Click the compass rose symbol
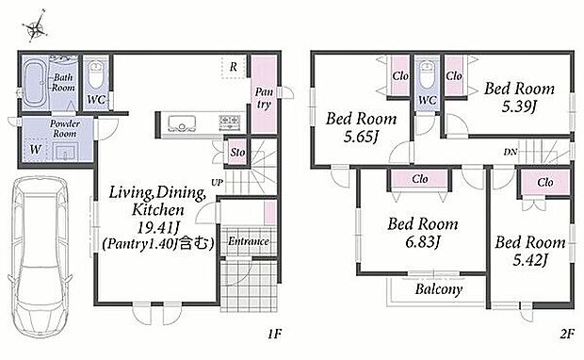pyautogui.click(x=35, y=26)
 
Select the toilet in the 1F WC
pyautogui.click(x=96, y=74)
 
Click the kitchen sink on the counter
pyautogui.click(x=182, y=123)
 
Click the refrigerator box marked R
pyautogui.click(x=234, y=67)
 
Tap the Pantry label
pyautogui.click(x=264, y=98)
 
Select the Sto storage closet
pyautogui.click(x=236, y=152)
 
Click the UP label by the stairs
pyautogui.click(x=218, y=183)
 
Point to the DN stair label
pyautogui.click(x=511, y=152)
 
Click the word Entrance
pyautogui.click(x=249, y=241)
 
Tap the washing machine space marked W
pyautogui.click(x=36, y=150)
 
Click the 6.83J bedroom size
pyautogui.click(x=423, y=242)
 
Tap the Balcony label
pyautogui.click(x=439, y=289)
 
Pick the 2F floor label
pyautogui.click(x=566, y=334)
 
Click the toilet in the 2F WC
pyautogui.click(x=427, y=74)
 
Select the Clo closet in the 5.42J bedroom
pyautogui.click(x=545, y=183)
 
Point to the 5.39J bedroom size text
pyautogui.click(x=519, y=107)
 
